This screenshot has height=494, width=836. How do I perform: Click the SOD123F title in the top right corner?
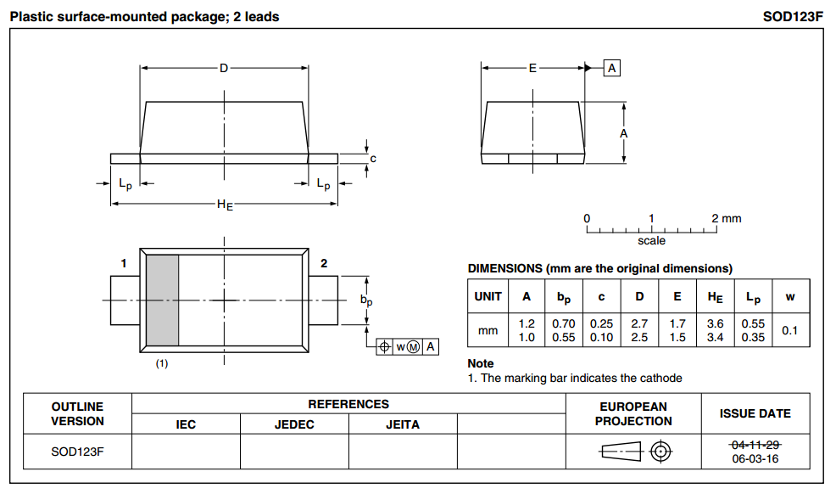click(793, 16)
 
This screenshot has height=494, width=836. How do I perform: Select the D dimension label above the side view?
click(224, 68)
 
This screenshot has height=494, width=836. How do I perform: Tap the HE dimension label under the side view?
click(225, 205)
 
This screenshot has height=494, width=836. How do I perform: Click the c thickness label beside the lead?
click(373, 158)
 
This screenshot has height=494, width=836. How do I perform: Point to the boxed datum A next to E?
click(612, 68)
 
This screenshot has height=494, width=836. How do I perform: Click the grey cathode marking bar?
click(162, 300)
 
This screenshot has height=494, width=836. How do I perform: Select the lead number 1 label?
click(124, 264)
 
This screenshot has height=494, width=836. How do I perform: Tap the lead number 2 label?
click(324, 264)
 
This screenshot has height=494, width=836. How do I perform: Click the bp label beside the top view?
click(366, 300)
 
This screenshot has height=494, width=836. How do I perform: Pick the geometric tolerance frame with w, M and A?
click(408, 346)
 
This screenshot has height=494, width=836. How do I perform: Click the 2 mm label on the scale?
click(726, 218)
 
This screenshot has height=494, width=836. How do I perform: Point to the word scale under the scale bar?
click(651, 241)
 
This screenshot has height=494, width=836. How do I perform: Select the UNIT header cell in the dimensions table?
click(488, 296)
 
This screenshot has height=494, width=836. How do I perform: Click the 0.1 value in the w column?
click(789, 330)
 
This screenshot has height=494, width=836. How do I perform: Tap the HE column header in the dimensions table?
click(714, 296)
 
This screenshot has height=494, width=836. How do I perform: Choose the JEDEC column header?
click(294, 424)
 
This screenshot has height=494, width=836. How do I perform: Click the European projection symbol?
click(633, 452)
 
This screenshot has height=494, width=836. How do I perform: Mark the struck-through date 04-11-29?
click(755, 445)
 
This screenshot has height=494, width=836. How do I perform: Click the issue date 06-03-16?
click(755, 459)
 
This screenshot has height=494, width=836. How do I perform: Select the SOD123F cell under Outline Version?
click(77, 452)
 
